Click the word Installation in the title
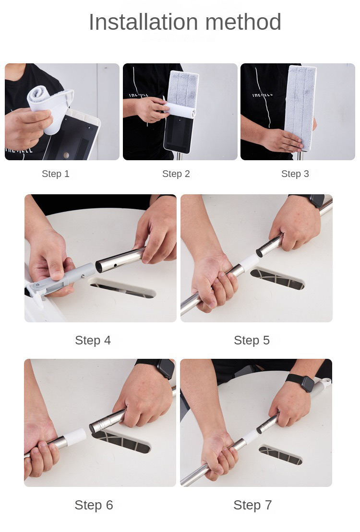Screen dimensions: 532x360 pyautogui.click(x=144, y=22)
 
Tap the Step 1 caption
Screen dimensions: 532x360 pyautogui.click(x=56, y=174)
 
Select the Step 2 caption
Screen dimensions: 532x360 pyautogui.click(x=176, y=174)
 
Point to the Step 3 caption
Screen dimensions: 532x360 pyautogui.click(x=295, y=174)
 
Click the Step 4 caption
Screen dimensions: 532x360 pyautogui.click(x=93, y=340)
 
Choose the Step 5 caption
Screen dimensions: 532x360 pyautogui.click(x=252, y=340)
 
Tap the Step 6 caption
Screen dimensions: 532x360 pyautogui.click(x=94, y=505)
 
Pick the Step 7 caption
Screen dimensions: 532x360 pyautogui.click(x=252, y=505)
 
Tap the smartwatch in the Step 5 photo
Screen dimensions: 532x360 pyautogui.click(x=315, y=200)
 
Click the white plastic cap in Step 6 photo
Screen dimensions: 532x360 pyautogui.click(x=75, y=437)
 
